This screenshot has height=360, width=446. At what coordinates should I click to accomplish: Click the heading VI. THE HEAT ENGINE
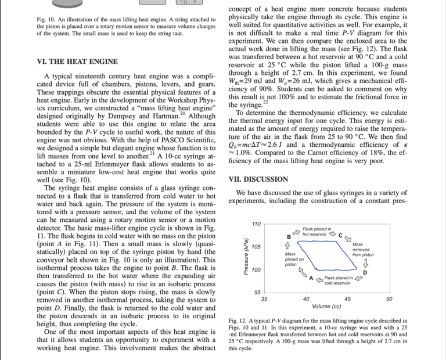[77, 62]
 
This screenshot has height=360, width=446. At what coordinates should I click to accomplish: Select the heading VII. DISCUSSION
[258, 179]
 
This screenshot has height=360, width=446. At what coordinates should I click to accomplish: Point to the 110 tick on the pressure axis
[256, 224]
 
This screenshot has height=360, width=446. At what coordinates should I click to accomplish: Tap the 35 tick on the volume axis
[264, 299]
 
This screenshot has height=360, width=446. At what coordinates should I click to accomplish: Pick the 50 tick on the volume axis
[389, 299]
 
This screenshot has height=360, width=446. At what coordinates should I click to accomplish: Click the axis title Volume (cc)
[326, 307]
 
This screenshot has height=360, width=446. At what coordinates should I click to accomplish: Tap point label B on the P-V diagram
[289, 236]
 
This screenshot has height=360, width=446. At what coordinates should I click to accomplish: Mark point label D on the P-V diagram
[365, 273]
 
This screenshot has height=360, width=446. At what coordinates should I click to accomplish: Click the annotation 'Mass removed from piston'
[363, 250]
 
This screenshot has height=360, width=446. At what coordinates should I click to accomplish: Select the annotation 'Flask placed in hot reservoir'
[317, 231]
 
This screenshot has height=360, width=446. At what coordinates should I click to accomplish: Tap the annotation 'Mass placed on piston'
[292, 259]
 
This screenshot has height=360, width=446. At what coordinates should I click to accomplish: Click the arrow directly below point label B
[289, 246]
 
